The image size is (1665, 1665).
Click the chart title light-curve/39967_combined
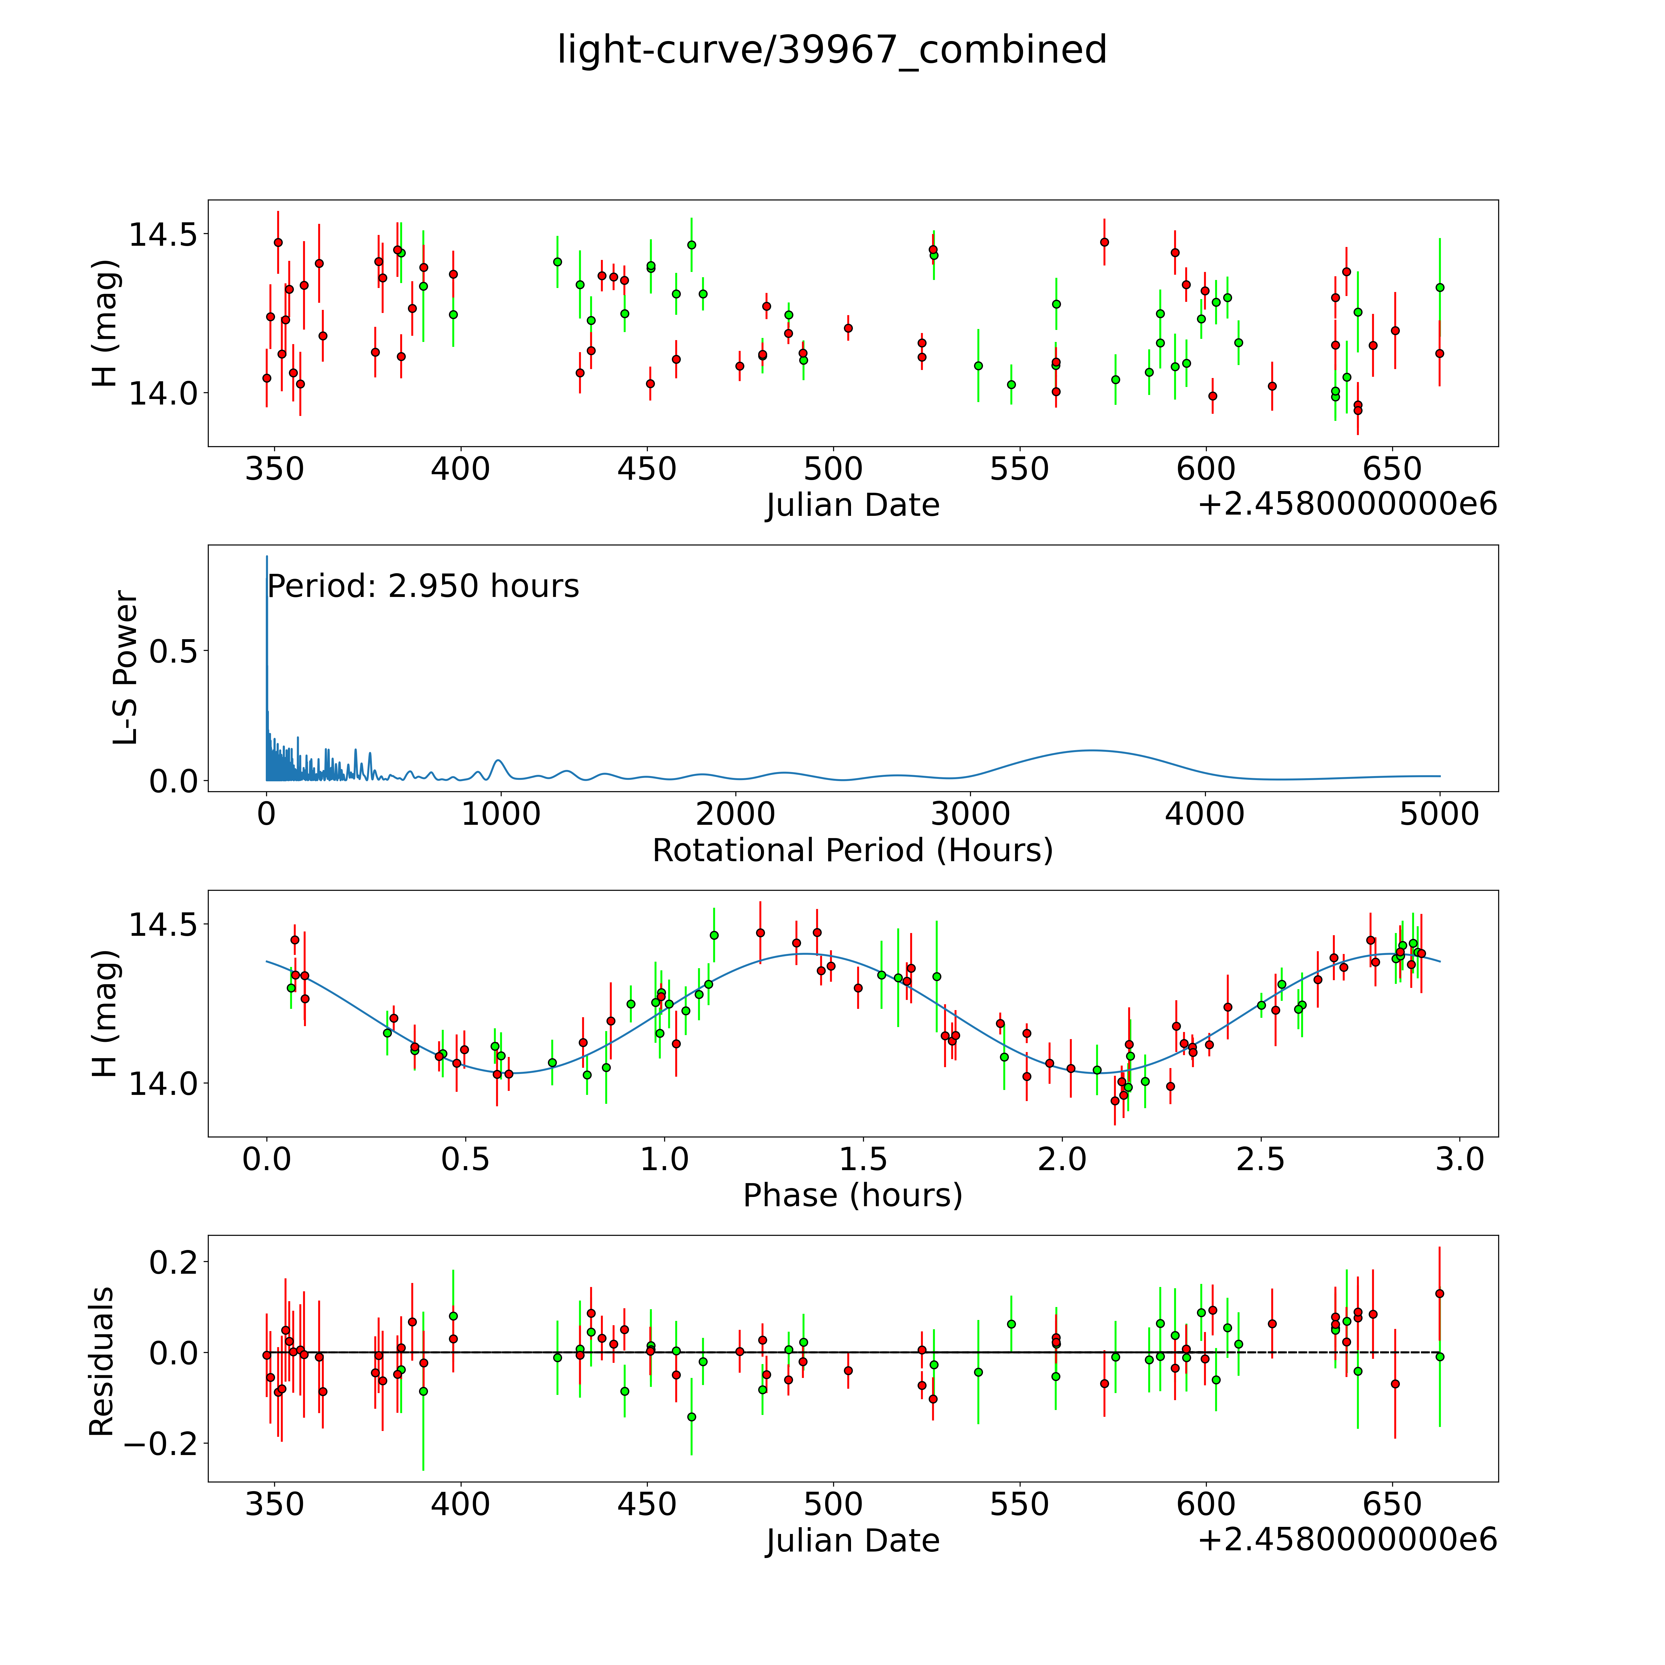832,50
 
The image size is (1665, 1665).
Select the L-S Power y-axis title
126,668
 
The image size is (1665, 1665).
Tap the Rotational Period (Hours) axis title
852,851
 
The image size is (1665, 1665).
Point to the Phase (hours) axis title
852,1195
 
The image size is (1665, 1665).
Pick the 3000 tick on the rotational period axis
970,814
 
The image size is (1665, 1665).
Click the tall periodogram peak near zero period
267,560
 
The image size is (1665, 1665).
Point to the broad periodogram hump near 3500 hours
1091,750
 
